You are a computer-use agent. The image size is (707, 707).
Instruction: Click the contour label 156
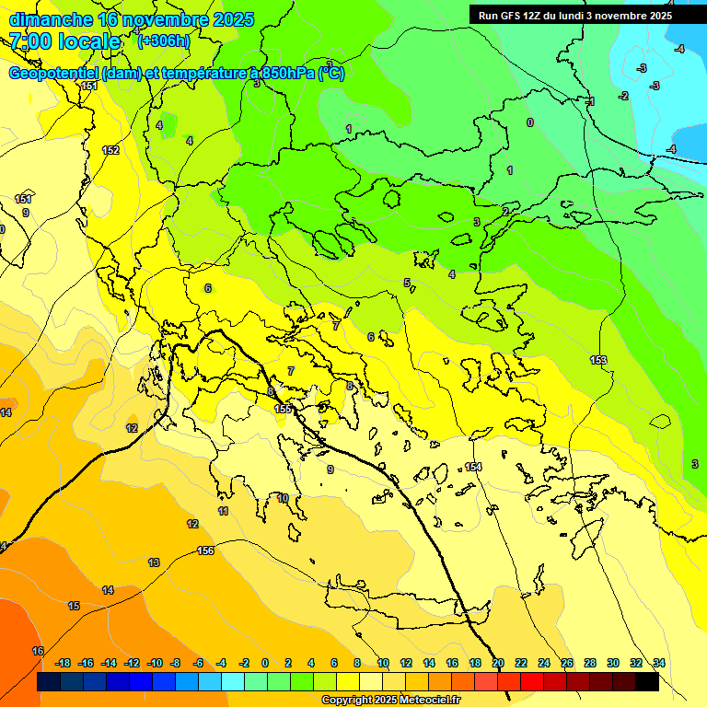[x=205, y=551]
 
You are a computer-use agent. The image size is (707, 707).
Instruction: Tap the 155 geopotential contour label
[x=283, y=409]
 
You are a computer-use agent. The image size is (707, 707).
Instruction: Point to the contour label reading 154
[x=473, y=467]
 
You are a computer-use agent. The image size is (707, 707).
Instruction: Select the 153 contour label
[x=598, y=360]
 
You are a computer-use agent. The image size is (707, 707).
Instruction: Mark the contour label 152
[x=110, y=150]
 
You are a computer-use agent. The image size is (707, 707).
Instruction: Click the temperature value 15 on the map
[x=74, y=605]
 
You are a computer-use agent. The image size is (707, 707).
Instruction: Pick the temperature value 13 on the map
[x=154, y=562]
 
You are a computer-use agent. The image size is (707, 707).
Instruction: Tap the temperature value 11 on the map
[x=223, y=511]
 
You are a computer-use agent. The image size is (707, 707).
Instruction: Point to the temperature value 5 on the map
[x=407, y=283]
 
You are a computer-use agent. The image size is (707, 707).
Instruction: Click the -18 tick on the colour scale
[x=64, y=663]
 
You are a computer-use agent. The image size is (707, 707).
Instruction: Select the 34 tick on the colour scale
[x=659, y=663]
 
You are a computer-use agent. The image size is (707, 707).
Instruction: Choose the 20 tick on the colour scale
[x=498, y=663]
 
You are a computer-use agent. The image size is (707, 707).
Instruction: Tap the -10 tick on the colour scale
[x=155, y=663]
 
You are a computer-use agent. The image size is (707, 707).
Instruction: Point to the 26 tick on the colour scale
[x=567, y=663]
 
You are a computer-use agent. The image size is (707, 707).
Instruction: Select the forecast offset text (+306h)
[x=163, y=41]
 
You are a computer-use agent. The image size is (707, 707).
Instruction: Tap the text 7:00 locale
[x=64, y=41]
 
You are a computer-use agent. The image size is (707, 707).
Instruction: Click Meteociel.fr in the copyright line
[x=423, y=700]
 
